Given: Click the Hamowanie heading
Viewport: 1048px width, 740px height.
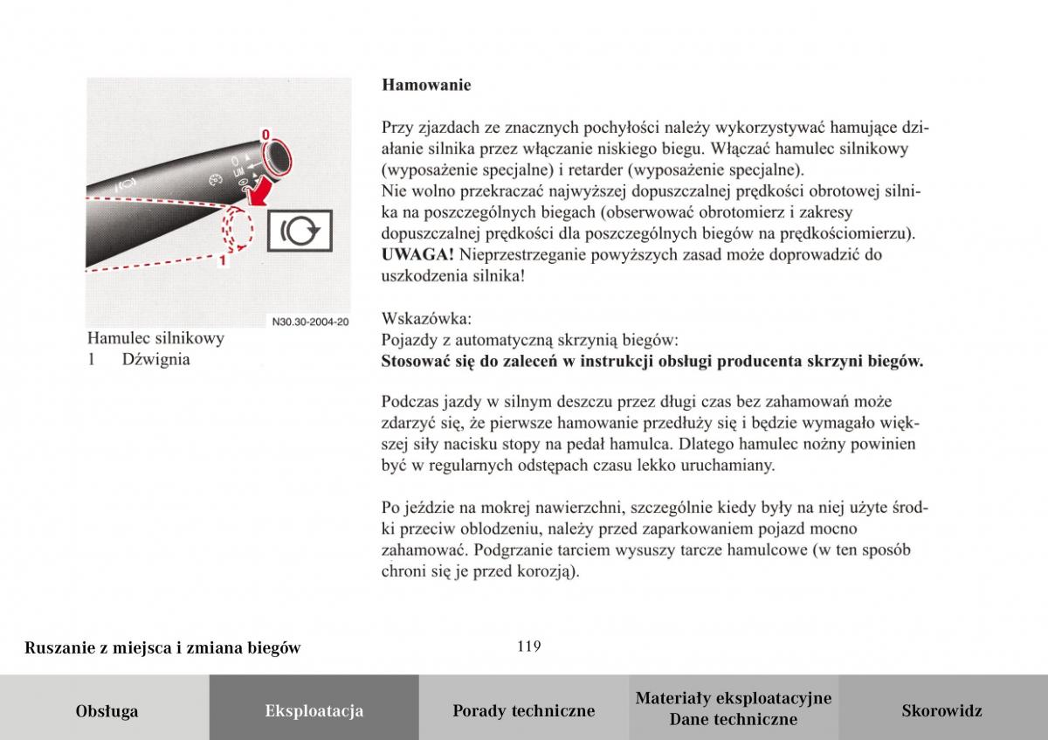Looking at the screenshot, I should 426,86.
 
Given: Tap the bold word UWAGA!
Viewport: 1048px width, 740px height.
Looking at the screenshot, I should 417,255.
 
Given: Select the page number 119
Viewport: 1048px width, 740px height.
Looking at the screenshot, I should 528,647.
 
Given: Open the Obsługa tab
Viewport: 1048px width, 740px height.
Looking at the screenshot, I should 107,711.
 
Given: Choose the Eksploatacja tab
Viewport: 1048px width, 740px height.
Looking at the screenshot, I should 314,711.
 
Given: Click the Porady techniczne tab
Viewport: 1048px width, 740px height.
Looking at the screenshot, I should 523,711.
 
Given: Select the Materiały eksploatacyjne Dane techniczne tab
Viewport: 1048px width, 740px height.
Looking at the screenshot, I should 733,709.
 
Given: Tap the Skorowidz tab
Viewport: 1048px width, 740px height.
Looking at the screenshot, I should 941,711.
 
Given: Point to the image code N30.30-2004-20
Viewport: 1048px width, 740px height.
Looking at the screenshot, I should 310,321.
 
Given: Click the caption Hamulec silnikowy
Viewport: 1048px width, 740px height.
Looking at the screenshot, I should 155,338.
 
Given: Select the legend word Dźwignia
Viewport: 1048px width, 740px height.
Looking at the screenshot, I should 156,359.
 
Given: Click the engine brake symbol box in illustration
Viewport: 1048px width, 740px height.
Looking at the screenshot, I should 300,232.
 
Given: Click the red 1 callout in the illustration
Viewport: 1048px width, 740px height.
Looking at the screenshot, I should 224,259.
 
